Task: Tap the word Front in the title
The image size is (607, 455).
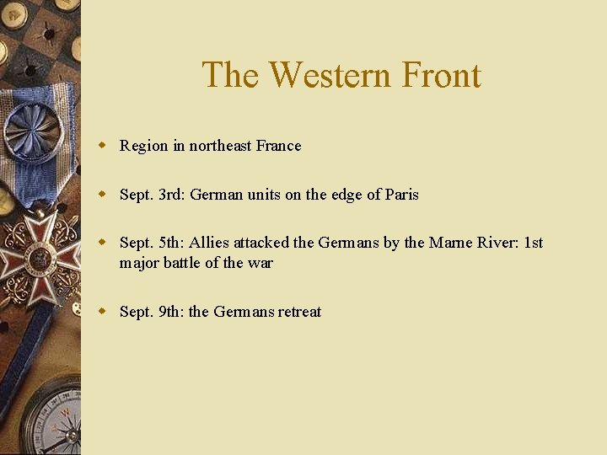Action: tap(440, 75)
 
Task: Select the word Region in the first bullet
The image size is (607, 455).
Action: tap(143, 146)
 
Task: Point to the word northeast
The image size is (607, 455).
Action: tap(220, 146)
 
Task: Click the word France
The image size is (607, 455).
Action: tap(278, 146)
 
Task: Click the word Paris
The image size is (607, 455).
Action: tap(401, 195)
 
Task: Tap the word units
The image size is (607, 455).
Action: tap(264, 195)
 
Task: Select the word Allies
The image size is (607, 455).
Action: tap(209, 244)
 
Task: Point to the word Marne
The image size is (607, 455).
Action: tap(452, 244)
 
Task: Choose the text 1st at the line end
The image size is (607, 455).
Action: tap(534, 244)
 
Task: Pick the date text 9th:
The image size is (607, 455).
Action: tap(172, 312)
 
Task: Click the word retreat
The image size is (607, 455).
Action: tap(299, 312)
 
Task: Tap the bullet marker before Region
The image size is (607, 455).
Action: tap(102, 146)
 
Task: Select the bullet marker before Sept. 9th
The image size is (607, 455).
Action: tap(102, 312)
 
